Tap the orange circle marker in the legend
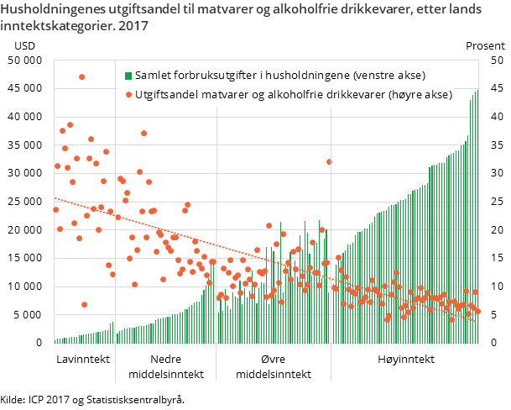pos(128,95)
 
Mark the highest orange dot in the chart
pos(81,76)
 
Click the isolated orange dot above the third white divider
pos(329,161)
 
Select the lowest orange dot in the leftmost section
pos(84,304)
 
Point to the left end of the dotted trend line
pos(55,199)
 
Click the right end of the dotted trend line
pos(478,321)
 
